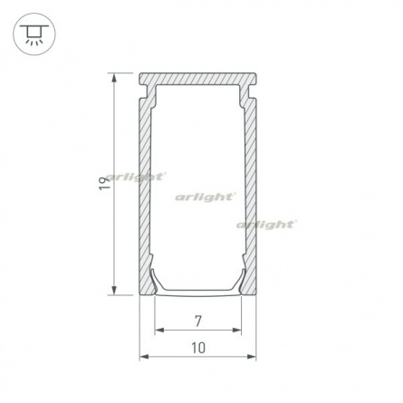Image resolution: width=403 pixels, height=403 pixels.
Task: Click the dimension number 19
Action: coord(104,184)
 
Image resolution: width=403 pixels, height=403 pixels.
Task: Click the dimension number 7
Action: coord(198,321)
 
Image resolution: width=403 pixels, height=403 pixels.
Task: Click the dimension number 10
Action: coord(198,348)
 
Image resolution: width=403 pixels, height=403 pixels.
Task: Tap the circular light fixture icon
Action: coord(34,34)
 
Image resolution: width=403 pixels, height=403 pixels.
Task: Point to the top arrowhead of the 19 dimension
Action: coord(114,78)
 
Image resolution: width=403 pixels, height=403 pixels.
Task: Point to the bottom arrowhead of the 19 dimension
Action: coord(114,290)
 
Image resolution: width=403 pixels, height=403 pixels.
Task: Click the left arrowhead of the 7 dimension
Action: coord(159,330)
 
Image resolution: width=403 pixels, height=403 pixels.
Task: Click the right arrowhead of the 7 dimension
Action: coord(236,330)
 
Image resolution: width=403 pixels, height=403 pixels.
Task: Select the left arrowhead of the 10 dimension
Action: coord(144,357)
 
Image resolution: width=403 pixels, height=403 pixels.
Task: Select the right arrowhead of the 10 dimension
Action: coord(251,357)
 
